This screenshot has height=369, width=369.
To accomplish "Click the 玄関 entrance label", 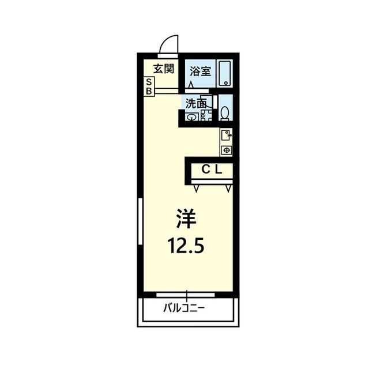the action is pos(164,69).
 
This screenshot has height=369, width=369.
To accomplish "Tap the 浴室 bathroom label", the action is pos(200,71).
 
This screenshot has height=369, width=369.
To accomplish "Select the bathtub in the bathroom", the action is pos(225,74).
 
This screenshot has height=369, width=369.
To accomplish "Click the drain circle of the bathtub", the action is pos(226,83).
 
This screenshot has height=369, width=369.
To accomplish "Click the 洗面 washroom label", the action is pos(196,104).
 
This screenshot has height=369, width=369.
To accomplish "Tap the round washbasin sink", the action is pos(192,116).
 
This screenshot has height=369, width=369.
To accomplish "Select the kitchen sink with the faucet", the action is pos(226,135).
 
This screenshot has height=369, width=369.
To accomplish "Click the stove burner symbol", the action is pos(227,150).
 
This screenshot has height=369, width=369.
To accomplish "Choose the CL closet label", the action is pos(212,170).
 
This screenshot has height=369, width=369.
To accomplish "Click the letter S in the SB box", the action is pos(149,82).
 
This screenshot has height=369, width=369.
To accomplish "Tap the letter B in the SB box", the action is pos(149,91).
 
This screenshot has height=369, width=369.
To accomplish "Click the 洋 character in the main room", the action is pos(186,219).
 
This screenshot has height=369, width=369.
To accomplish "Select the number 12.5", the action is pos(186,245).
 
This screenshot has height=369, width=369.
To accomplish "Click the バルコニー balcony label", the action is pos(184,308).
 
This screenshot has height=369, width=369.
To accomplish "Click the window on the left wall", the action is pos(141,221).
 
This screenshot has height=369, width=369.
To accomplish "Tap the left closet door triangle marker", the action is pos(197,189).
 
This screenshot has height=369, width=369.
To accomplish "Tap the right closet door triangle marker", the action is pos(228,189).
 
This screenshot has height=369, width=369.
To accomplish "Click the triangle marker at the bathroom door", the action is pos(191,85).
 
